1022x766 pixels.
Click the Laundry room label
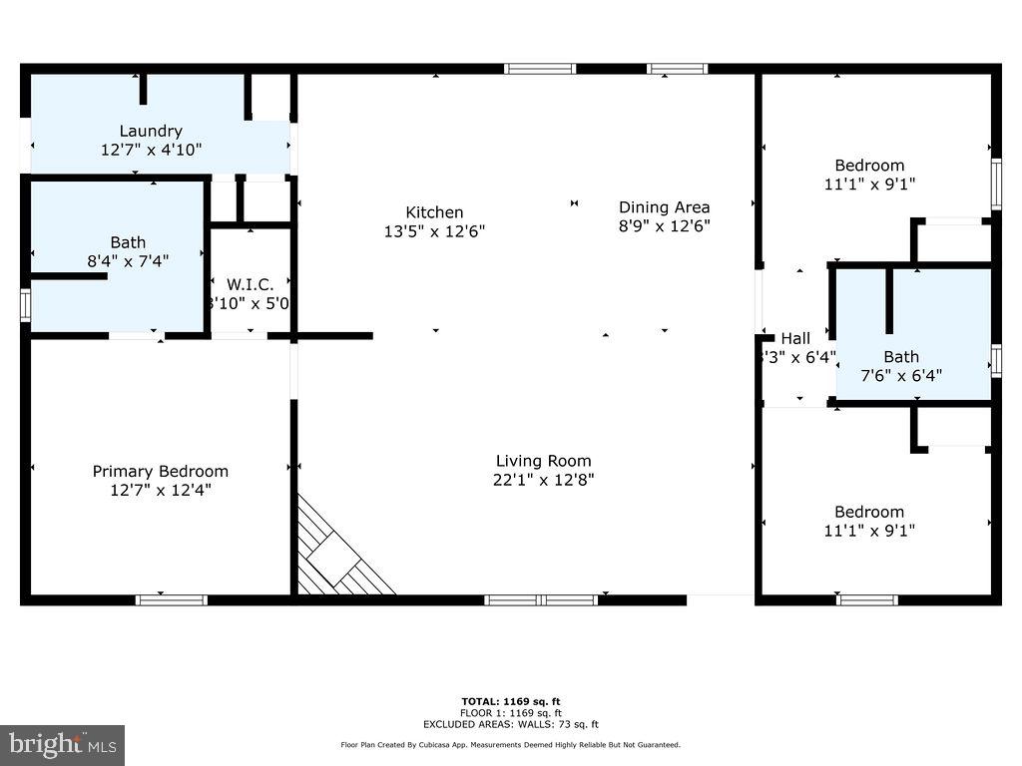pos(151,131)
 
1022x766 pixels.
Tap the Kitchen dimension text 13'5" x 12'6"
pos(434,230)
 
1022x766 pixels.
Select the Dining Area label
pos(664,207)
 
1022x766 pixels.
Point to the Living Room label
pos(543,461)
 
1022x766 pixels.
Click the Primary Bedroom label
pos(160,471)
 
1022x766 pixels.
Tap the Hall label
pos(795,338)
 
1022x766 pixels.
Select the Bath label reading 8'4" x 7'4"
pos(128,242)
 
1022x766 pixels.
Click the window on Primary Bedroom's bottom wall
pos(172,599)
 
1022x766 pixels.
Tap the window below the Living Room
pos(541,599)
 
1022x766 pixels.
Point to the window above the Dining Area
pos(677,69)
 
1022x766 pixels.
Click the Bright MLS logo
pos(62,744)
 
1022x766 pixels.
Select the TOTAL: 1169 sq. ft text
pos(517,701)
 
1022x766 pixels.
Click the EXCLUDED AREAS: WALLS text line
pos(517,725)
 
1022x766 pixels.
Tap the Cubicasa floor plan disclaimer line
pos(510,745)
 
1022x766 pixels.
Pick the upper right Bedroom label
pos(869,166)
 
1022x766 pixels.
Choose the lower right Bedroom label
pos(869,512)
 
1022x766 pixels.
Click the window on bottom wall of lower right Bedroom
pos(866,599)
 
